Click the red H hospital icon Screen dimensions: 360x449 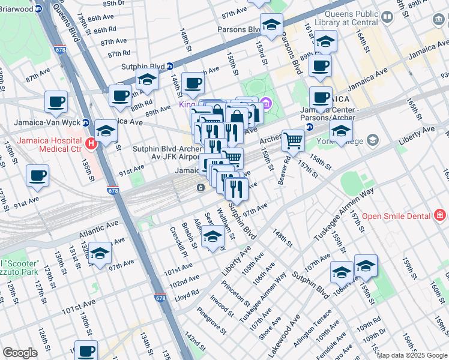coord(91,143)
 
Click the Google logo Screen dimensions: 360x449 coord(20,352)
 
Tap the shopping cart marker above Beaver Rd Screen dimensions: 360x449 coord(293,140)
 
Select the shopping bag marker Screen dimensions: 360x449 coord(237,117)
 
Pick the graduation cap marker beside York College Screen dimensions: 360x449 coord(341,132)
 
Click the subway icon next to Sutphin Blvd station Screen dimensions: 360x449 coord(170,66)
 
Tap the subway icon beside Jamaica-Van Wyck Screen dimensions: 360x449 coord(86,122)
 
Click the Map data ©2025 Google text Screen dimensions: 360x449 coord(412,355)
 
